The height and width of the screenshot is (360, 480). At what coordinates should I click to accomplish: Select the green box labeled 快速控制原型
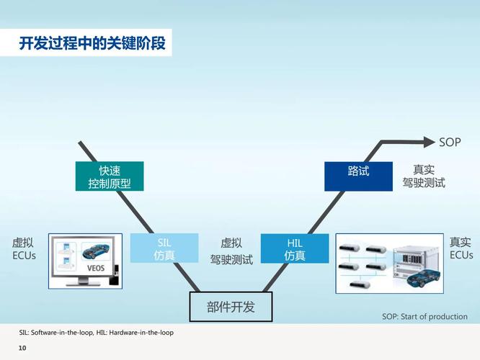point(110,176)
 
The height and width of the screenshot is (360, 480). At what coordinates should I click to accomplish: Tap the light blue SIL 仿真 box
point(164,248)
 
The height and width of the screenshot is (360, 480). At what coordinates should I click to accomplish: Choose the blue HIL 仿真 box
point(294,248)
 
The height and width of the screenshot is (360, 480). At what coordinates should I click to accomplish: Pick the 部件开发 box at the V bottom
point(231,307)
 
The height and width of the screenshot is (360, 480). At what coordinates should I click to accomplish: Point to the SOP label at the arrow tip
point(450,142)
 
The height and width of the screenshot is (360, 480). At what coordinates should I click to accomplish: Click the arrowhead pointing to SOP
point(431,142)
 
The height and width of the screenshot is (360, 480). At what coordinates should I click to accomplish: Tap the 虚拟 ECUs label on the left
point(24,249)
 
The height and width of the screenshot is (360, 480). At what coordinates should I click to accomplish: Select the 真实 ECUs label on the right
point(461,248)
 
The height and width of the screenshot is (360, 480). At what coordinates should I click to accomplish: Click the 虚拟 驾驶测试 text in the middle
point(231,251)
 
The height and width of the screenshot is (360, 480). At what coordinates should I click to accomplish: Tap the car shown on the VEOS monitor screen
point(97,252)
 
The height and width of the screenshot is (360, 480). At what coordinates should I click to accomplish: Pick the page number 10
point(22,349)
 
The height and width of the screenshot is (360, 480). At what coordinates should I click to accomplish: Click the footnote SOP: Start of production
point(425,317)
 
